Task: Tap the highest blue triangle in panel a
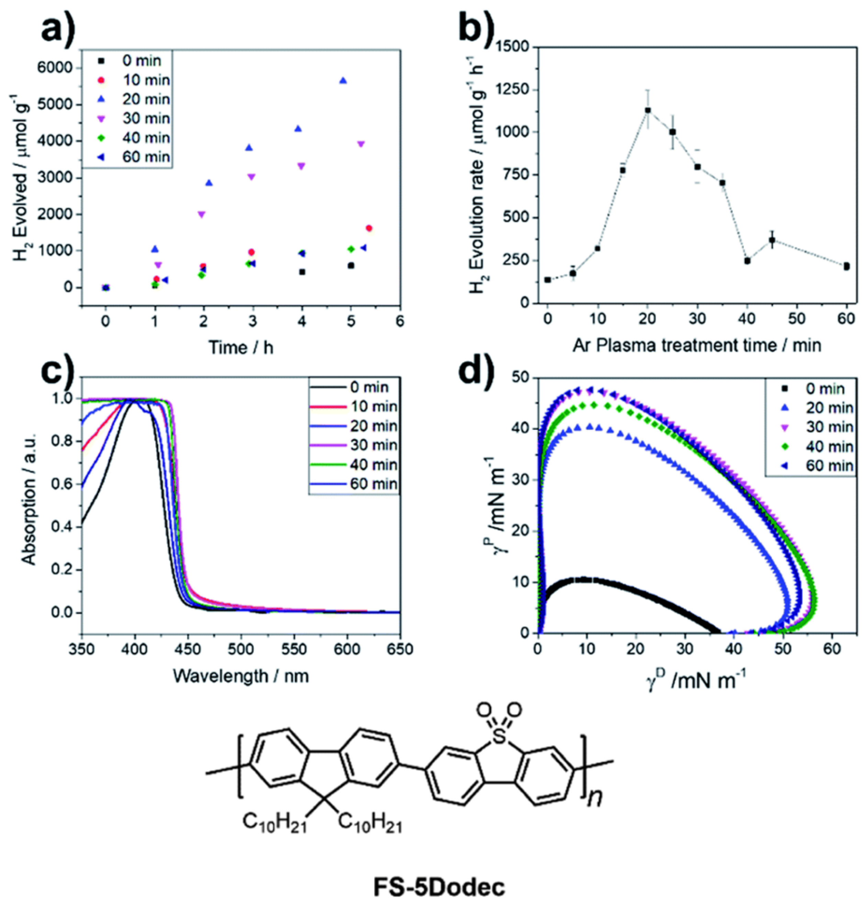(343, 81)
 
